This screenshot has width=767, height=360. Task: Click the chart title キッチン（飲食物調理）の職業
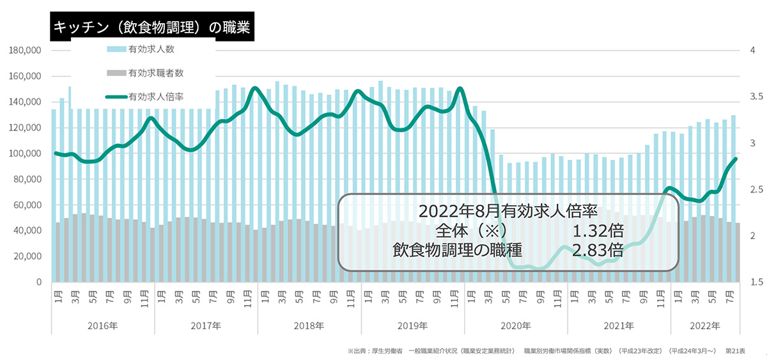click(x=152, y=27)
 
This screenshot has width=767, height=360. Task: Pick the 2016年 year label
click(x=103, y=325)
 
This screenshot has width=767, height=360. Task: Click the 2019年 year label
click(x=412, y=325)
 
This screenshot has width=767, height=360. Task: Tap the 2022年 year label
click(x=704, y=325)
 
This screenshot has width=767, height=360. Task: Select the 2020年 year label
click(x=516, y=325)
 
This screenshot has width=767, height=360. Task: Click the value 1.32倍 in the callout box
click(x=598, y=230)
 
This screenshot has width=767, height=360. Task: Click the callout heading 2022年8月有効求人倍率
click(x=508, y=211)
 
